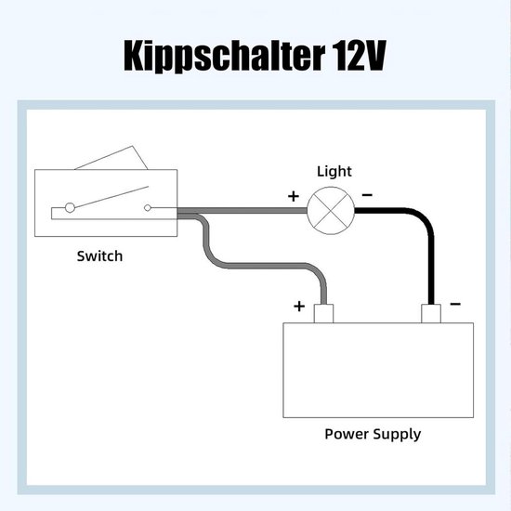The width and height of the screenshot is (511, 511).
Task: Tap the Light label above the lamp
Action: click(x=334, y=171)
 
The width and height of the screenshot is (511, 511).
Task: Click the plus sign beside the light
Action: click(x=294, y=196)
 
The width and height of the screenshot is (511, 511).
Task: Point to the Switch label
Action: click(x=99, y=255)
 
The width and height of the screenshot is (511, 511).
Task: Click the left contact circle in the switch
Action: click(x=67, y=208)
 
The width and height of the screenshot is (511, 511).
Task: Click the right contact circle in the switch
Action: click(x=149, y=208)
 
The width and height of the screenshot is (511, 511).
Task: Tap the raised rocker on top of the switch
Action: click(x=111, y=159)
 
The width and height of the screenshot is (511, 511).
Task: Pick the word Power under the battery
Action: click(x=347, y=434)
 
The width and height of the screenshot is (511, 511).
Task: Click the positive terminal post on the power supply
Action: click(x=325, y=314)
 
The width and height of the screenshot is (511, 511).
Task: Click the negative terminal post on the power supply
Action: click(x=430, y=314)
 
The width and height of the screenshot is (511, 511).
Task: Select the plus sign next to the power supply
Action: click(x=299, y=306)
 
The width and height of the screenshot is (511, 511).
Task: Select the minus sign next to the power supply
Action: click(x=456, y=304)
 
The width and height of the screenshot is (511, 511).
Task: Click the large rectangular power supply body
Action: click(x=377, y=370)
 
